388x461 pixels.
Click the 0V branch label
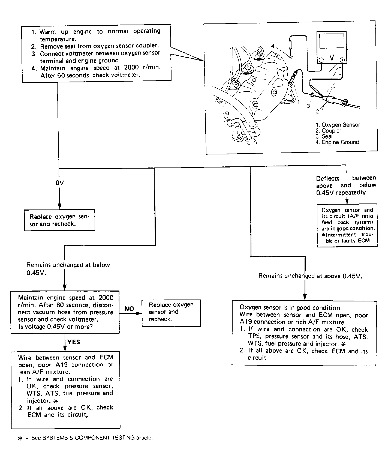(x=59, y=183)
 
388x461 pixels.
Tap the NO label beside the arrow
(x=129, y=309)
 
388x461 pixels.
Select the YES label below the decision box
(x=73, y=342)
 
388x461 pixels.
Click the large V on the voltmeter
(x=332, y=58)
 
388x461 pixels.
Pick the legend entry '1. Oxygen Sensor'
(x=338, y=125)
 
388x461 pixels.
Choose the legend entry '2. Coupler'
(x=328, y=131)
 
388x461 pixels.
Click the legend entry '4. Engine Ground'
(x=337, y=142)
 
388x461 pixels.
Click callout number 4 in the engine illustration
(x=273, y=46)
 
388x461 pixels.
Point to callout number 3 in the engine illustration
(x=308, y=106)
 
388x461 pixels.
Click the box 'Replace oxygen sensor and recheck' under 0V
(x=59, y=220)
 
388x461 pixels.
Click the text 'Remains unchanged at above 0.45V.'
(x=310, y=276)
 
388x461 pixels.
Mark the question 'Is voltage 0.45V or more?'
(x=55, y=327)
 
